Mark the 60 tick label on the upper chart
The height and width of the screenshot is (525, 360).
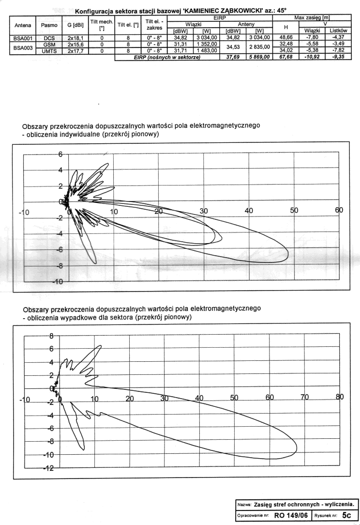point(339,211)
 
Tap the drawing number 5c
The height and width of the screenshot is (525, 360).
point(345,515)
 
